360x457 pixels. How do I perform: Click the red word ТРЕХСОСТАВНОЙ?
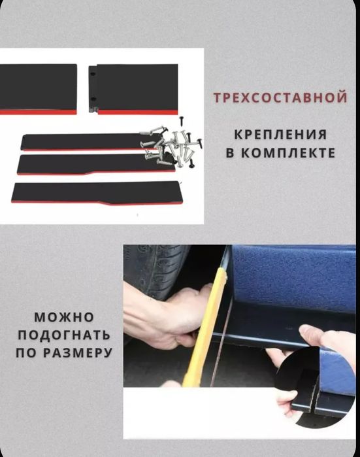click(280, 97)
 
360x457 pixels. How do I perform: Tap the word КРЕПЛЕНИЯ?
click(281, 135)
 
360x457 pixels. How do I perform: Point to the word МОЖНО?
click(64, 317)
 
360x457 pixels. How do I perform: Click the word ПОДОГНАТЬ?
click(64, 335)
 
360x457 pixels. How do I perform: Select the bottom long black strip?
click(96, 192)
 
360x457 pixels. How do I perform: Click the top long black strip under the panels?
click(88, 142)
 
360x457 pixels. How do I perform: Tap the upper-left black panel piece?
click(38, 89)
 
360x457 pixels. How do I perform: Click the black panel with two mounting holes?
click(134, 89)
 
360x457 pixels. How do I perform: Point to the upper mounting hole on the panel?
click(93, 75)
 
